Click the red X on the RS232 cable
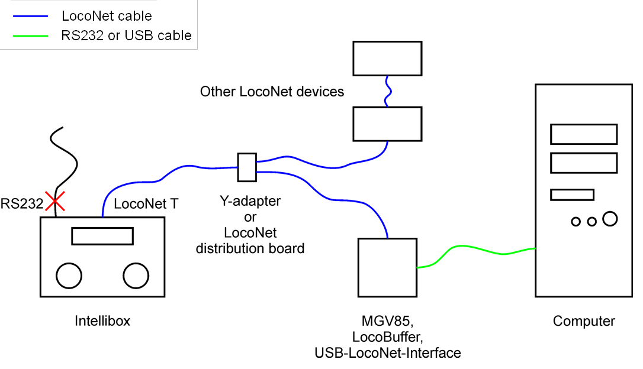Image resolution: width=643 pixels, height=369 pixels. point(56,203)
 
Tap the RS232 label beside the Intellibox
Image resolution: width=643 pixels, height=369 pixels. point(22,204)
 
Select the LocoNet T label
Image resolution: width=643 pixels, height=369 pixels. point(146,204)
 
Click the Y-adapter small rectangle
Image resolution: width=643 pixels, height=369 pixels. point(246,167)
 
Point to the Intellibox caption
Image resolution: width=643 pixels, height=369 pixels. point(102,322)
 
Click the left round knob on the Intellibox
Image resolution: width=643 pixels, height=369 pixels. point(69,276)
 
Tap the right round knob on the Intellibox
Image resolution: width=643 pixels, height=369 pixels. point(136,276)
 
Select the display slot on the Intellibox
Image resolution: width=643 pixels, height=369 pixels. point(102,236)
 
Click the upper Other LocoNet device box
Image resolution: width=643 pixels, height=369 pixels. point(387,58)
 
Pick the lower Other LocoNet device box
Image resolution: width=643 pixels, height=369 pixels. point(387,124)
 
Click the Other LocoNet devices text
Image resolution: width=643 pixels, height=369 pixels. point(272,92)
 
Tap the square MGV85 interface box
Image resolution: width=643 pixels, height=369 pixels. point(387,267)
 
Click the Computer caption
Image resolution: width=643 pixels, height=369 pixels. point(584,322)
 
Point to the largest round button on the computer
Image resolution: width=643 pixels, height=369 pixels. point(610,219)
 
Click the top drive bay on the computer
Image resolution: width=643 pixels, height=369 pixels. point(584,134)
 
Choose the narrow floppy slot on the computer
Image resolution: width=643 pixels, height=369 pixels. point(572,195)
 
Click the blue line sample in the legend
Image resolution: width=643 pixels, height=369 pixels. point(29,16)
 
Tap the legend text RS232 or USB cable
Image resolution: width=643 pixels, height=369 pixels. point(126,35)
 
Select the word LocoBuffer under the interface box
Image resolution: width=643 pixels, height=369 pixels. point(387,338)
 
